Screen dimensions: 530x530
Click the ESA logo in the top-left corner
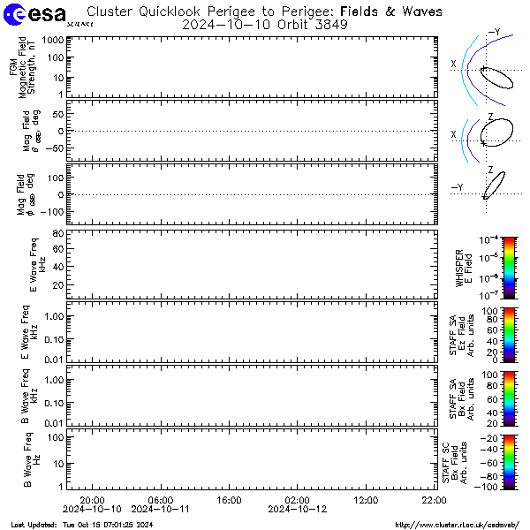click(x=34, y=15)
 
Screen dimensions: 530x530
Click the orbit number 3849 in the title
click(x=330, y=25)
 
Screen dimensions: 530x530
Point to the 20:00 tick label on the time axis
click(x=93, y=500)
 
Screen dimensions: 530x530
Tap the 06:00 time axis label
click(x=160, y=500)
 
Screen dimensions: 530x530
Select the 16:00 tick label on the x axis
click(x=229, y=500)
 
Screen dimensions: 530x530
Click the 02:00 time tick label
click(x=297, y=500)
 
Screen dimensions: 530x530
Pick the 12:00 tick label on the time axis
click(x=365, y=500)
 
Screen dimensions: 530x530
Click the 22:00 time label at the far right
click(x=433, y=500)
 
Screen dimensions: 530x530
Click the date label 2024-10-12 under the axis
click(x=297, y=510)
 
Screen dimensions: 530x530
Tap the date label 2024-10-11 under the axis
click(x=160, y=510)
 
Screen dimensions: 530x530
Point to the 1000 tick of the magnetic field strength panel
click(x=50, y=41)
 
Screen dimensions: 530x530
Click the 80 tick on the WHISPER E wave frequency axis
click(x=56, y=233)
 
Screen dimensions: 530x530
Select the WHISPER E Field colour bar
click(x=485, y=265)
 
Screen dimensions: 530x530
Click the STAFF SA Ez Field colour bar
click(x=485, y=335)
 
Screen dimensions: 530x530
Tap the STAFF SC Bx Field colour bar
click(x=485, y=462)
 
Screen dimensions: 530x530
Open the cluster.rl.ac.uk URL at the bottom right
click(x=454, y=524)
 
